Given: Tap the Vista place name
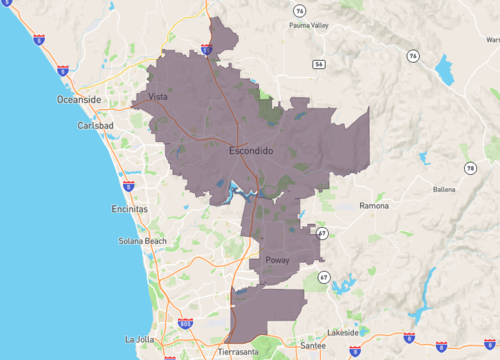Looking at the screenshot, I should (157, 97).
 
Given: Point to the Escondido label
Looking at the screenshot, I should (251, 151).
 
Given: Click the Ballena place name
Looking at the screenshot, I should (443, 188).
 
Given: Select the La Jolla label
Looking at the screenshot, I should (140, 340).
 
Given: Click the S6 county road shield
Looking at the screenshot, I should (318, 63).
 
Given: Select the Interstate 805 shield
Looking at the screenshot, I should (185, 324).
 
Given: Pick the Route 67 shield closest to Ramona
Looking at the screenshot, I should (322, 233).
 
